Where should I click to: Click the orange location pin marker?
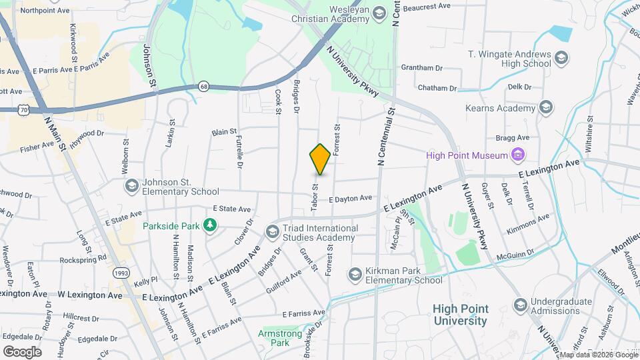tap(321, 159)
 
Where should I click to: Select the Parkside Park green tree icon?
tap(210, 225)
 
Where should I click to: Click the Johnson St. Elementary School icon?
tap(131, 185)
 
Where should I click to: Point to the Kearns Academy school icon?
tap(546, 108)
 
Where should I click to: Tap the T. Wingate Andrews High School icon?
tap(561, 58)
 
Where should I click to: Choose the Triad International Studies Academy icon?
tap(272, 232)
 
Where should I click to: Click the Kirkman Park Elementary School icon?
tap(355, 274)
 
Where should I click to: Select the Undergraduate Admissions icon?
tap(520, 305)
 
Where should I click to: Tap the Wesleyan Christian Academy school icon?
tap(379, 13)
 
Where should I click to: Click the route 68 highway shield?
tap(203, 87)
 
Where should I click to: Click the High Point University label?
tap(460, 315)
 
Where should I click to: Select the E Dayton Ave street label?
tap(350, 198)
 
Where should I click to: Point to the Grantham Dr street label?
tap(421, 68)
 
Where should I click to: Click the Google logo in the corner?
tap(22, 351)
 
